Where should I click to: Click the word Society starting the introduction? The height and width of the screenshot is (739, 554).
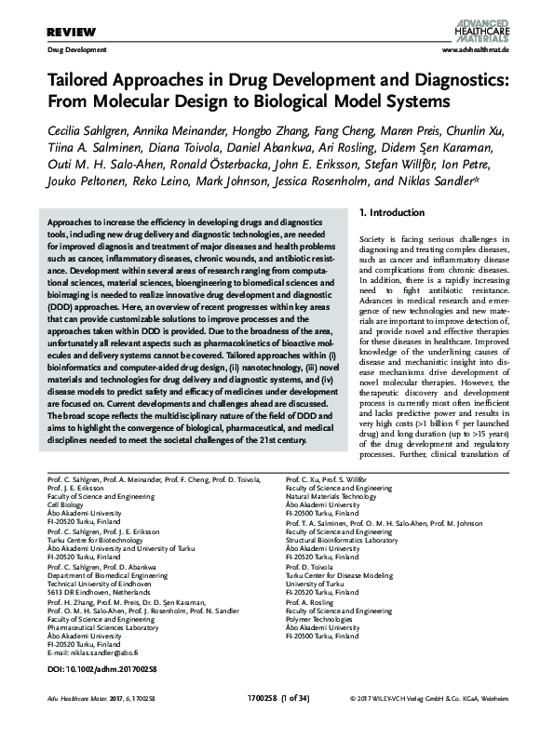point(374,241)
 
